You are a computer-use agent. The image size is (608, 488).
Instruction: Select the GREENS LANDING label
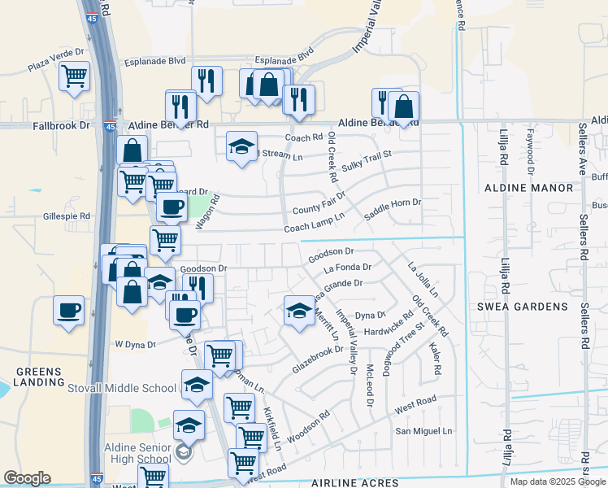click(38, 377)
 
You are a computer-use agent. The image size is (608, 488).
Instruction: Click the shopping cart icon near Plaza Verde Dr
click(75, 76)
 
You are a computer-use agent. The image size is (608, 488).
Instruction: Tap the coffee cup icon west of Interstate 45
click(69, 310)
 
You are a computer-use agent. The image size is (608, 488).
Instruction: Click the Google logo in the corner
click(27, 478)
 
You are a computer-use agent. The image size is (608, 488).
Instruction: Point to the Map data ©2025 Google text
click(558, 481)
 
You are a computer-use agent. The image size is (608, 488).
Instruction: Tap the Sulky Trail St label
click(367, 159)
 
